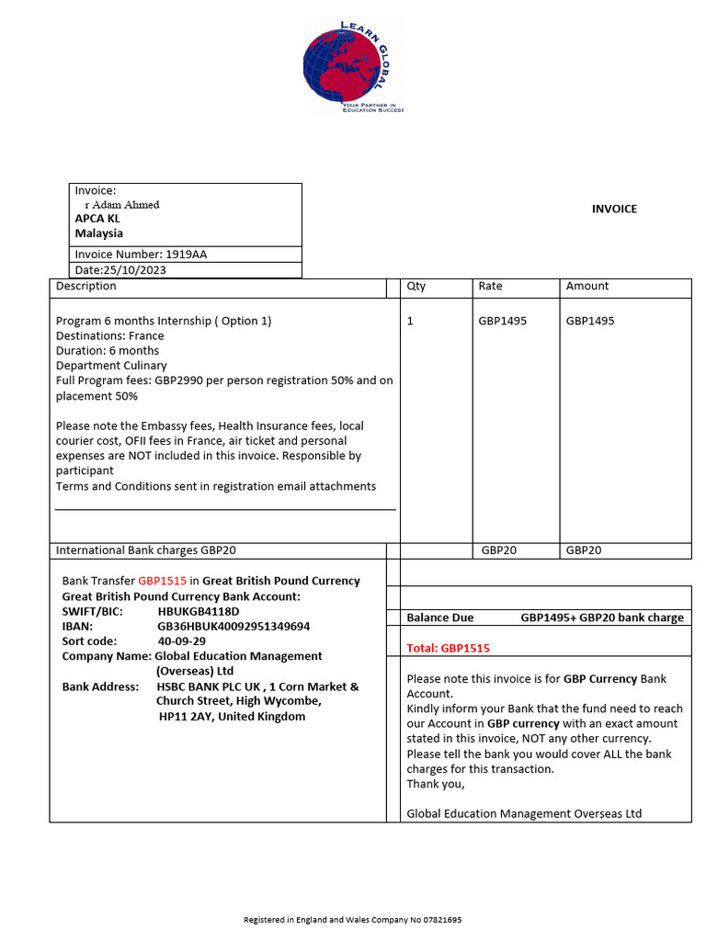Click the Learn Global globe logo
pos(353,66)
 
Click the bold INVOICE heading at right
pos(614,209)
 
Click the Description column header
pos(86,286)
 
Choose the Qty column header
pos(416,286)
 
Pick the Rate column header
pos(490,286)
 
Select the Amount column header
pos(587,286)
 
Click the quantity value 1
pos(410,321)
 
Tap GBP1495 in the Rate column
pos(503,321)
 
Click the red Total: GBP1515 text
pos(448,648)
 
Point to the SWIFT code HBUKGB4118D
pos(199,611)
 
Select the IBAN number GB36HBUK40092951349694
pos(233,626)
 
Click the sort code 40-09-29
pos(182,641)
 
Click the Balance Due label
pos(440,618)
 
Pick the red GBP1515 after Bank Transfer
pos(163,581)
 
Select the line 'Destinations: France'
pos(108,335)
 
